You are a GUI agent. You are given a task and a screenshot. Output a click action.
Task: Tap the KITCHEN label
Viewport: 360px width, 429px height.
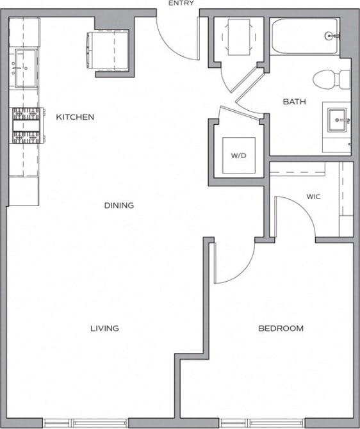(75, 117)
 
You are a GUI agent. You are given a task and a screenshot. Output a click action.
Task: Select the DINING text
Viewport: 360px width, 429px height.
(119, 206)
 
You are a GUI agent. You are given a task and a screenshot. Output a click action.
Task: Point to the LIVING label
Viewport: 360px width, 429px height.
(104, 328)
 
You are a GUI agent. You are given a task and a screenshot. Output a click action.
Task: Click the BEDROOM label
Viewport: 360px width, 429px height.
(281, 328)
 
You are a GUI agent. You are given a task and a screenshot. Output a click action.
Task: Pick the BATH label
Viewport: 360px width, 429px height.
(294, 102)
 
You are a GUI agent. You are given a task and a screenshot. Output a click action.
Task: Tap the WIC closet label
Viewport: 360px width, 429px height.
(313, 197)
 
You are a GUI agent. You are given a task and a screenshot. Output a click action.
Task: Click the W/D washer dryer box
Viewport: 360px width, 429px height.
(238, 156)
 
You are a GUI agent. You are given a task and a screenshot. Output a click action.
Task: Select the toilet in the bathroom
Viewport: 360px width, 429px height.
(331, 79)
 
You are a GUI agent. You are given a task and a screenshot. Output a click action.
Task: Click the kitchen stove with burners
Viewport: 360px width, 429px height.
(26, 125)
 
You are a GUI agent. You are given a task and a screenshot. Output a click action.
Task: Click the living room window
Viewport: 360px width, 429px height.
(86, 423)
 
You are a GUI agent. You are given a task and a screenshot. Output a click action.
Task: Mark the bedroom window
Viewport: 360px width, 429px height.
(263, 423)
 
